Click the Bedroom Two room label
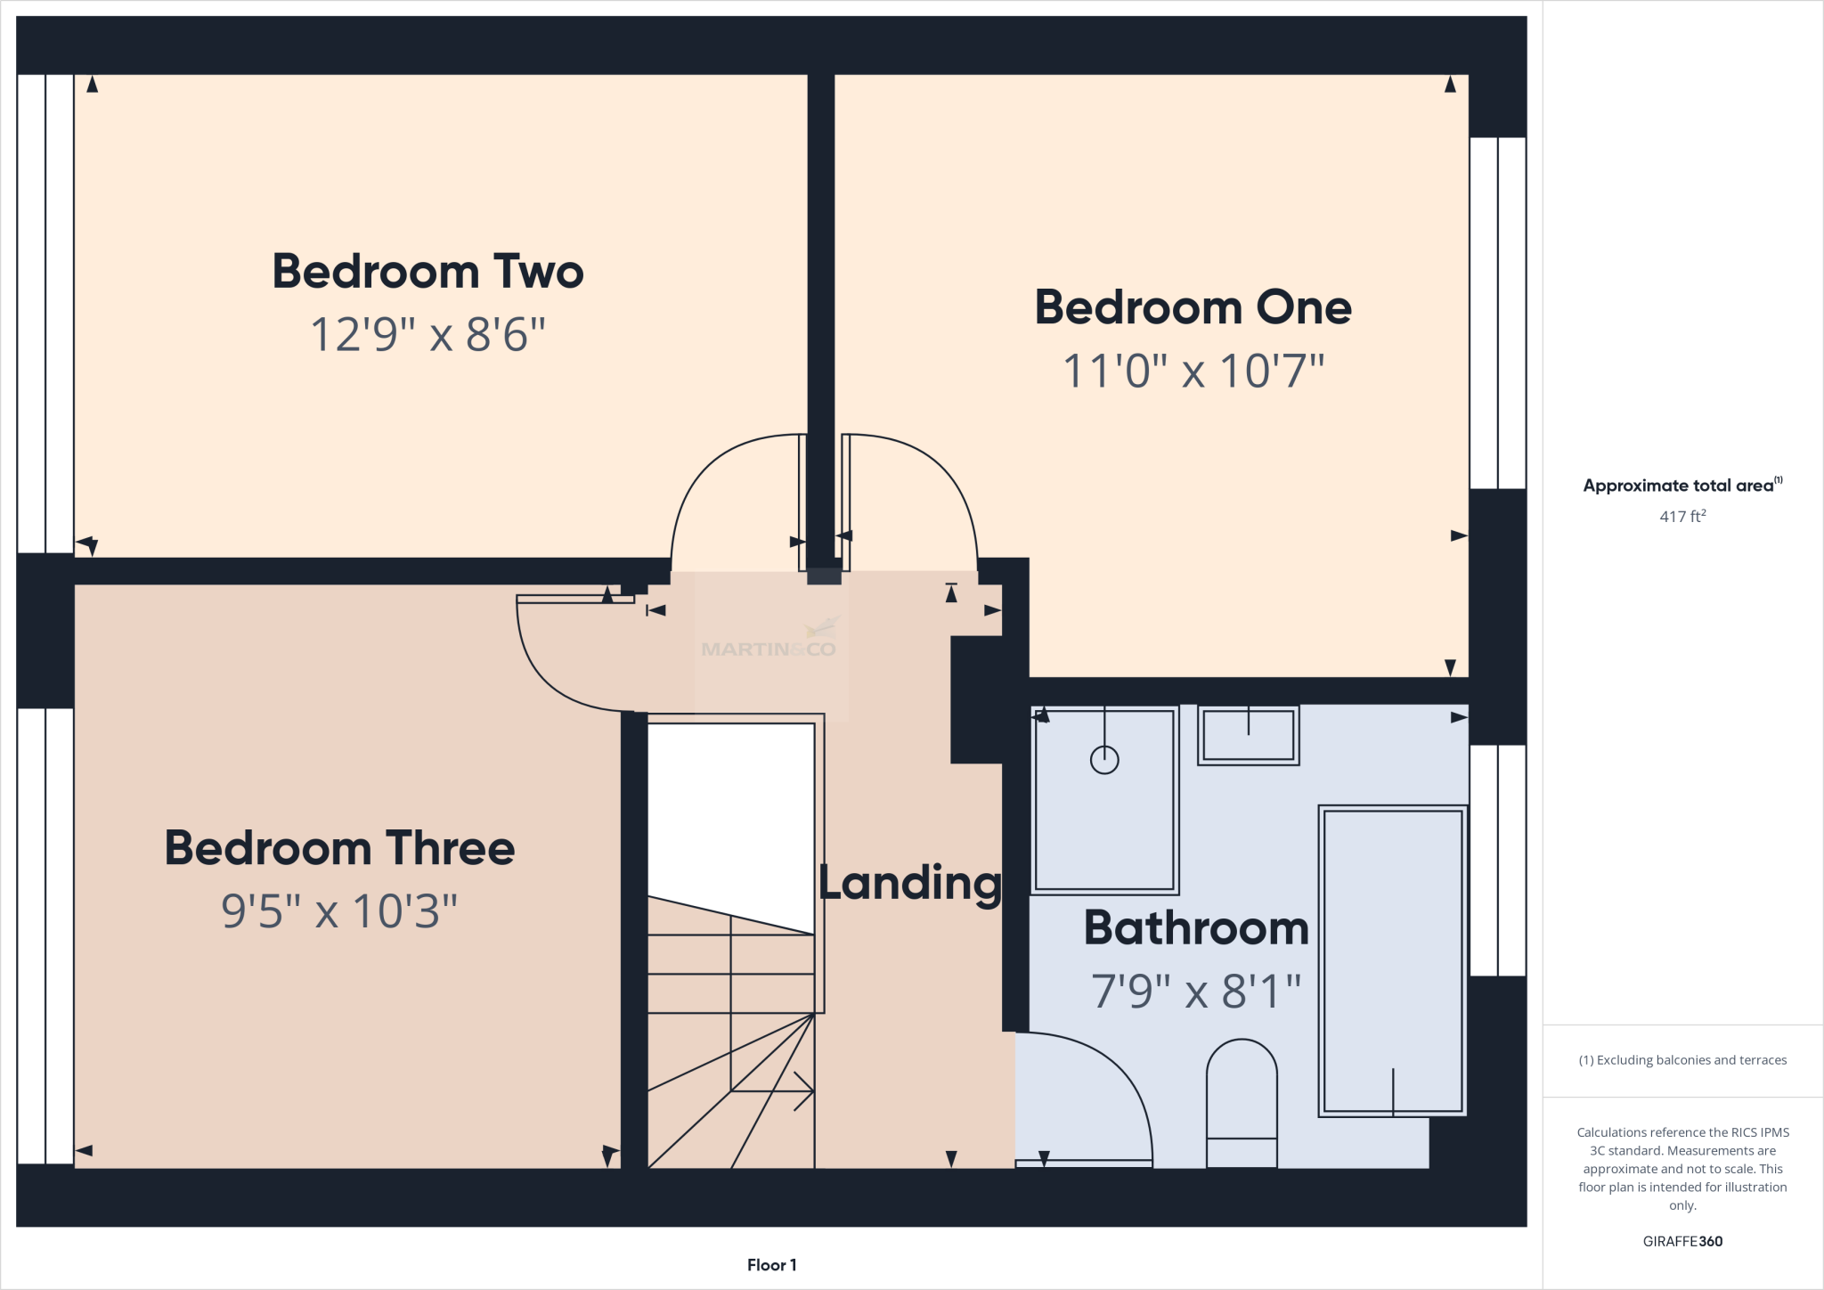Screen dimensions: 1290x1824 (x=427, y=272)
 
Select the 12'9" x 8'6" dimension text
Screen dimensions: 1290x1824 (x=427, y=336)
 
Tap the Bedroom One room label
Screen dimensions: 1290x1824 (x=1193, y=308)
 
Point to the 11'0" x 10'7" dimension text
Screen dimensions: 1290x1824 (x=1193, y=371)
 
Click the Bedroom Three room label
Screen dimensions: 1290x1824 (x=339, y=848)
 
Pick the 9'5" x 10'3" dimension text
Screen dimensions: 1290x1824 (x=339, y=911)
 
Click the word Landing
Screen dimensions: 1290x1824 (x=910, y=884)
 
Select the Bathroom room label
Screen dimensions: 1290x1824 (x=1196, y=928)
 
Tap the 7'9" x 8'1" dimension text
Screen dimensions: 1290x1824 (x=1196, y=992)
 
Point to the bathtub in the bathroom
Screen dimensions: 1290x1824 (x=1392, y=960)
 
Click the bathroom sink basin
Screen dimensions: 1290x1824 (x=1248, y=735)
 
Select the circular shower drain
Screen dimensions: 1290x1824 (x=1104, y=760)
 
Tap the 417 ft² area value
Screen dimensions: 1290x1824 (x=1682, y=517)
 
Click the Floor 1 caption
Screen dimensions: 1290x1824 (x=771, y=1265)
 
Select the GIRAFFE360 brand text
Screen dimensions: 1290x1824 (x=1682, y=1241)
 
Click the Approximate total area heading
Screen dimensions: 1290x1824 (x=1681, y=486)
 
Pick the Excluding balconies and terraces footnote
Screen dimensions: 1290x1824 (x=1682, y=1060)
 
